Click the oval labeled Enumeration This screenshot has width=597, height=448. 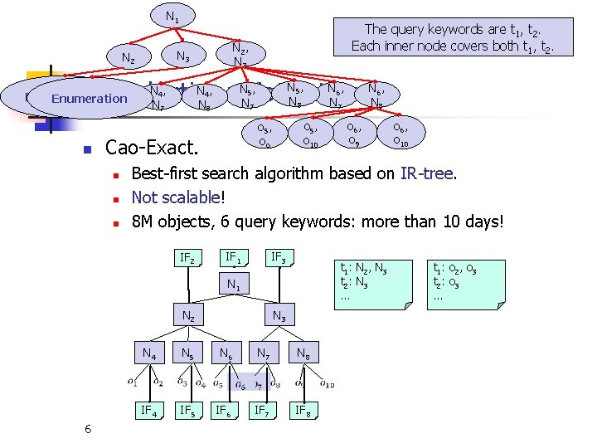click(x=89, y=99)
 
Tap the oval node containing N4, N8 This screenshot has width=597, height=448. click(x=208, y=98)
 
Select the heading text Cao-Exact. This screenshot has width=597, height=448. click(x=153, y=149)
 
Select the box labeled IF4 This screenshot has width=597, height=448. click(x=150, y=410)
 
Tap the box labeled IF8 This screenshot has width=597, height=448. click(x=304, y=410)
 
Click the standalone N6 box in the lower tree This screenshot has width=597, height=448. click(x=226, y=354)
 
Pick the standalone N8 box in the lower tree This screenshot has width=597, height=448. click(x=304, y=354)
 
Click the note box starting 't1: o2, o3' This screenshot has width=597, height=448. click(x=464, y=283)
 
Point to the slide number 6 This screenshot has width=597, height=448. click(x=88, y=428)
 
